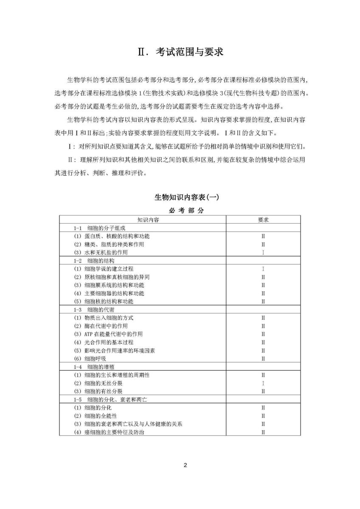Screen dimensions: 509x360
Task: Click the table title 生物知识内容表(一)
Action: [180, 197]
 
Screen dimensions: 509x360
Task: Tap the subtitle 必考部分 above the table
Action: [180, 210]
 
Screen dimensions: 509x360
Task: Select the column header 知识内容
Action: [143, 220]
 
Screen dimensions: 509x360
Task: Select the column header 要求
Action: [263, 220]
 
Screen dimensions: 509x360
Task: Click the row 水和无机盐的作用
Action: [106, 252]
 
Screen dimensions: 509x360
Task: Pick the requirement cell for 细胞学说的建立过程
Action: [263, 269]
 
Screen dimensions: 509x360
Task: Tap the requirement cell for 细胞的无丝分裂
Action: [263, 383]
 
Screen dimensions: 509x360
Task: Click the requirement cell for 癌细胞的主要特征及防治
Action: [263, 432]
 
